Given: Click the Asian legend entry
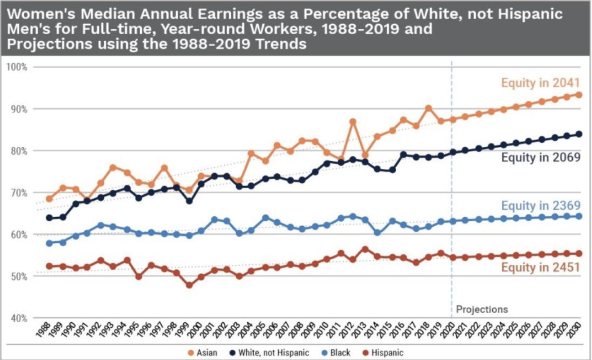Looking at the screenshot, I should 203,352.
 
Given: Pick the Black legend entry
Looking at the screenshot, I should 336,352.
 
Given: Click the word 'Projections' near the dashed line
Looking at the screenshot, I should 482,309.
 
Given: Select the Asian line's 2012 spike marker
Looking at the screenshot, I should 353,122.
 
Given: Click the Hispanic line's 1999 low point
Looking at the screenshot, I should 189,285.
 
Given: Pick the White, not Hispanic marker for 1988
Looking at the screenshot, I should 49,218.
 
